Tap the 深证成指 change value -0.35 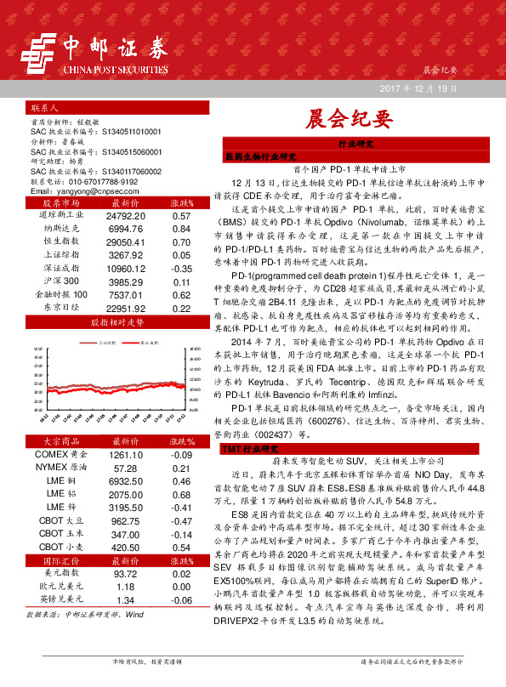click(179, 268)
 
